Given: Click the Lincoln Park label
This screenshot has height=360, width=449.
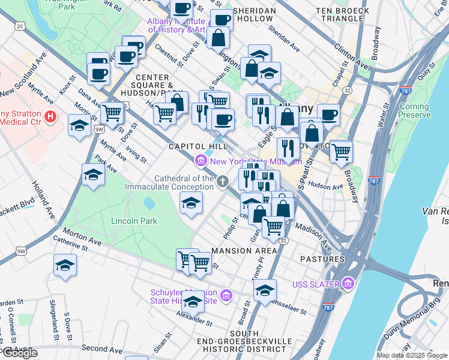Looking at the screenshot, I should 134,221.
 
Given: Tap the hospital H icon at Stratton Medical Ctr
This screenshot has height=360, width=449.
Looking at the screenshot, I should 51,115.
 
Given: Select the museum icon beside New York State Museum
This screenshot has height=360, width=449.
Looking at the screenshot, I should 200,160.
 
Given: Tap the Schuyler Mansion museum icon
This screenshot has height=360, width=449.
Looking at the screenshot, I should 226,295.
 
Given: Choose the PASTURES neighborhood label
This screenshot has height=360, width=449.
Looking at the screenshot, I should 323,259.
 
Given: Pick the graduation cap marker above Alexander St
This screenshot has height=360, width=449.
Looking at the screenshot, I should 193,301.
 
